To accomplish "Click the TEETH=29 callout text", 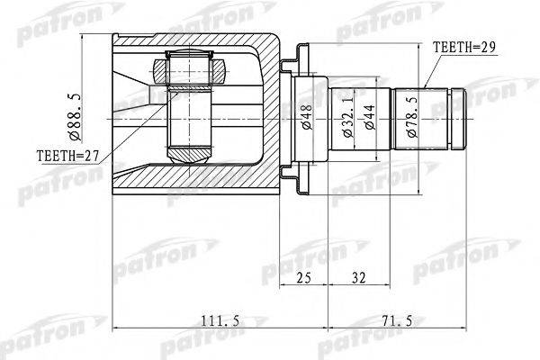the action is click(463, 48).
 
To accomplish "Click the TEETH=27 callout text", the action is click(67, 156).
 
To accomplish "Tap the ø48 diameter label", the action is click(307, 117).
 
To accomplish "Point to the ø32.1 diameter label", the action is click(348, 117).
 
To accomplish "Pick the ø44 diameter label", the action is click(370, 117).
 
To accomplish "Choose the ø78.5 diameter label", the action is click(412, 117).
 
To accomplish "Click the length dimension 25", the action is click(303, 277).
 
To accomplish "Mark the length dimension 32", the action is click(358, 277).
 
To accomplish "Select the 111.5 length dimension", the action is click(220, 320).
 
